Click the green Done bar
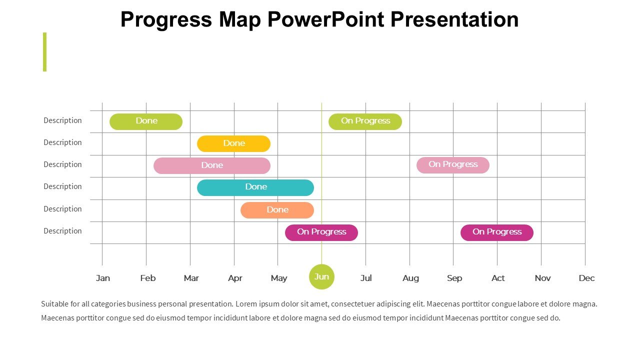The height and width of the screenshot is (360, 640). coord(146,121)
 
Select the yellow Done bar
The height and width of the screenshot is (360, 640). coord(233,143)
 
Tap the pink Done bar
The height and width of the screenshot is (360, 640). coord(212,165)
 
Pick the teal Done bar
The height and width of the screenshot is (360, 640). coord(255,187)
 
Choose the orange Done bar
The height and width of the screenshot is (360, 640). coord(277,210)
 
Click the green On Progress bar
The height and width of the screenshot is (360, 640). coord(365,121)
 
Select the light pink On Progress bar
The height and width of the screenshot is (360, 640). coord(453,165)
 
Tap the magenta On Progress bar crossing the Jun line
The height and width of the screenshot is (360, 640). coord(321,232)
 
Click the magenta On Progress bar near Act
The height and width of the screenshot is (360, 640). coord(497,232)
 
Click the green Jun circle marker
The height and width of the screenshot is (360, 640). coord(321,276)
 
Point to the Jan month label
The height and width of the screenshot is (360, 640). coord(103,278)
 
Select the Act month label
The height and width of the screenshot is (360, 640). coord(498,278)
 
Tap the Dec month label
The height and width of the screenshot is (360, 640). coord(586,278)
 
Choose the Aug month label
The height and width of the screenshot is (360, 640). coord(410,278)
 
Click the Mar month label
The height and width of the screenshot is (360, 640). coord(191,278)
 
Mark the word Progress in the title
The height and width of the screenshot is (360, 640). coord(166,20)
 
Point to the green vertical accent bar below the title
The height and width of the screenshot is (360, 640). coord(44,52)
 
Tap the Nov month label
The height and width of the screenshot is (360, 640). coord(542,278)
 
